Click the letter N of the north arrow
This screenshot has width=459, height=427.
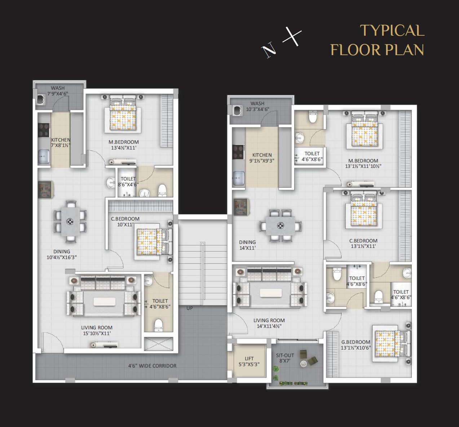[x=269, y=50]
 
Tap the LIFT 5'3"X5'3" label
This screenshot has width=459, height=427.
[x=249, y=361]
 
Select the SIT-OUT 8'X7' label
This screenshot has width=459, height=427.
[x=285, y=358]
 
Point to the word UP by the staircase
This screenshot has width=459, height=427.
[x=190, y=308]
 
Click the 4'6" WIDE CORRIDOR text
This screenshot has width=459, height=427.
[x=152, y=366]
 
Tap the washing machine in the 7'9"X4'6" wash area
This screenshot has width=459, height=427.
[x=41, y=99]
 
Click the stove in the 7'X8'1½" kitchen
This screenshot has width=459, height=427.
[x=44, y=130]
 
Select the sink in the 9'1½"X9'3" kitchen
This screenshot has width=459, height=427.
[x=238, y=178]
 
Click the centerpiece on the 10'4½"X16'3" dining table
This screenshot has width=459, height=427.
[x=70, y=222]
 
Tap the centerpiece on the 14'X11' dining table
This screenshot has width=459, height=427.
[x=281, y=226]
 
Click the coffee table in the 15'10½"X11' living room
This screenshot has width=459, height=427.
[x=105, y=302]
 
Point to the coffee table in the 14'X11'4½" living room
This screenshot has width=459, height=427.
[x=271, y=293]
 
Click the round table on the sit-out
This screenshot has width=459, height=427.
[x=303, y=364]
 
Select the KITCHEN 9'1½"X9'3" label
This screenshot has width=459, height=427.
[x=262, y=158]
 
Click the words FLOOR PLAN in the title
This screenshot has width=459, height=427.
[x=377, y=50]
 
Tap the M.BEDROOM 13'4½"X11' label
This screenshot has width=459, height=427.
[x=124, y=145]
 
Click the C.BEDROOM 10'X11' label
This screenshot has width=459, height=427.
[x=125, y=222]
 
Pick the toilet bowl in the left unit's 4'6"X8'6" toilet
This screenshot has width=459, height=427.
[x=159, y=325]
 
